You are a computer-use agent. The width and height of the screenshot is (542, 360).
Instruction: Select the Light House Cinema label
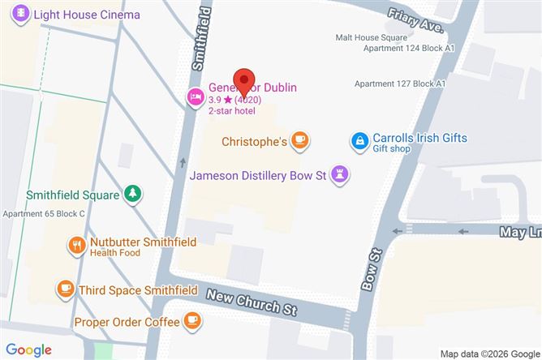click(x=88, y=15)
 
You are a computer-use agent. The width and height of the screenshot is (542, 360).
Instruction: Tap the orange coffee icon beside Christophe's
click(x=300, y=141)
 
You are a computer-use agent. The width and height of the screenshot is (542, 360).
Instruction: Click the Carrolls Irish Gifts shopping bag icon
click(x=359, y=141)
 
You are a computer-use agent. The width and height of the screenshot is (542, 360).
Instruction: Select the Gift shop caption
click(x=394, y=150)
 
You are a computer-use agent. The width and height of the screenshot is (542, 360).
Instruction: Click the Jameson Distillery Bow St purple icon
click(x=341, y=174)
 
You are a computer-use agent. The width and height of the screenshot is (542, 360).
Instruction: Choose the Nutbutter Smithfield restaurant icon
click(x=76, y=245)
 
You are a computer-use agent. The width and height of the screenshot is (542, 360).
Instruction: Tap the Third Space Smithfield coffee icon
click(x=65, y=289)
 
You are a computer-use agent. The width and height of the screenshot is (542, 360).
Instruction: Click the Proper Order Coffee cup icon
click(x=192, y=321)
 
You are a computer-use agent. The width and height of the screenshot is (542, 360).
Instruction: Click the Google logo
click(x=29, y=349)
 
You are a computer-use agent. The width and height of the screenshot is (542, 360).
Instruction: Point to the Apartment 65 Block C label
click(x=43, y=213)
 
